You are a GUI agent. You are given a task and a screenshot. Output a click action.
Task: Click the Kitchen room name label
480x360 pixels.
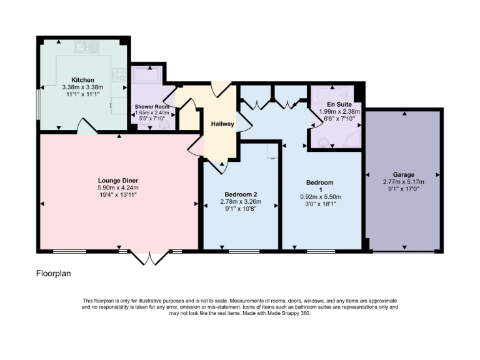pyautogui.click(x=82, y=80)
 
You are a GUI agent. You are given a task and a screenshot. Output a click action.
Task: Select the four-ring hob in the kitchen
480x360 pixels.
pyautogui.click(x=118, y=76)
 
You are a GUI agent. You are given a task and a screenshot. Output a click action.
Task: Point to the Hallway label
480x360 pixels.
pyautogui.click(x=222, y=124)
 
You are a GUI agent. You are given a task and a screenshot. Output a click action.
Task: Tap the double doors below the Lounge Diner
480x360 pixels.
pyautogui.click(x=150, y=257)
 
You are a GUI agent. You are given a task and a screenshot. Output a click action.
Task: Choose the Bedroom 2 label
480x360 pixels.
pyautogui.click(x=240, y=194)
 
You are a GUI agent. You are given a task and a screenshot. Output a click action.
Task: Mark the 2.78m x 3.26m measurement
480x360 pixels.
pyautogui.click(x=240, y=201)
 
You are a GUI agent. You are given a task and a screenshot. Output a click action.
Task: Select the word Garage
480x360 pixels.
pyautogui.click(x=404, y=174)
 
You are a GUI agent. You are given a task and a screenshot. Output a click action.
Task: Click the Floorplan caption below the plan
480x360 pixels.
pyautogui.click(x=55, y=273)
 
